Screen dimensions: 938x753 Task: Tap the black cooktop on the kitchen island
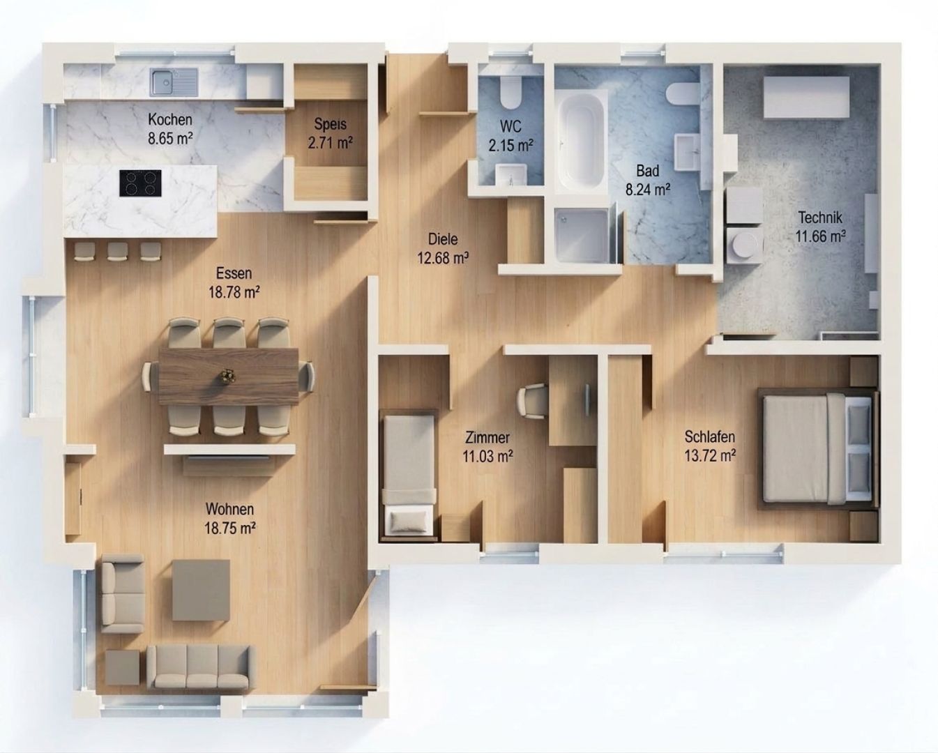point(140,183)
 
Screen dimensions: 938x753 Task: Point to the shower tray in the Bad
point(582,236)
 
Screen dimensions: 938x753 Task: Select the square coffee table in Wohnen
point(201,590)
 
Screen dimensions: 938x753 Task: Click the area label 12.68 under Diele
point(443,258)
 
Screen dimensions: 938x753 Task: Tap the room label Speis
point(330,124)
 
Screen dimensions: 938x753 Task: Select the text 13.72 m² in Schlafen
point(710,456)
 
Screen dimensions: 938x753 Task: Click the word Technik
point(820,218)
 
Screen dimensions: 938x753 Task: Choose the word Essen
point(234,273)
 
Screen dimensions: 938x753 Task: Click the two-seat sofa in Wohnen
point(123,594)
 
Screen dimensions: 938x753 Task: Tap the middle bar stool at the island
point(117,252)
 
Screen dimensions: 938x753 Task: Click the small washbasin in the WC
point(512,174)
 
